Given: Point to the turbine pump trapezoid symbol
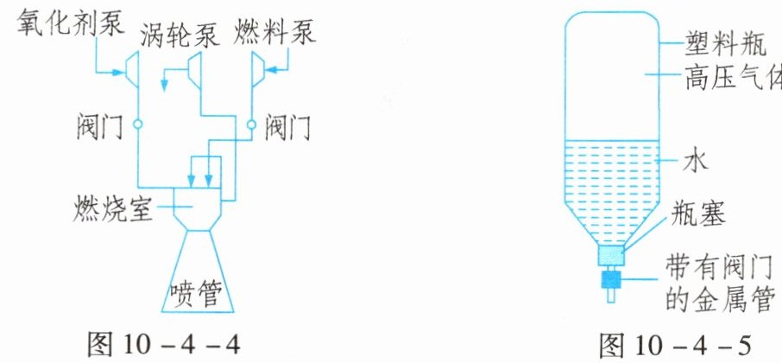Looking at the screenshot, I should (195, 68).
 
